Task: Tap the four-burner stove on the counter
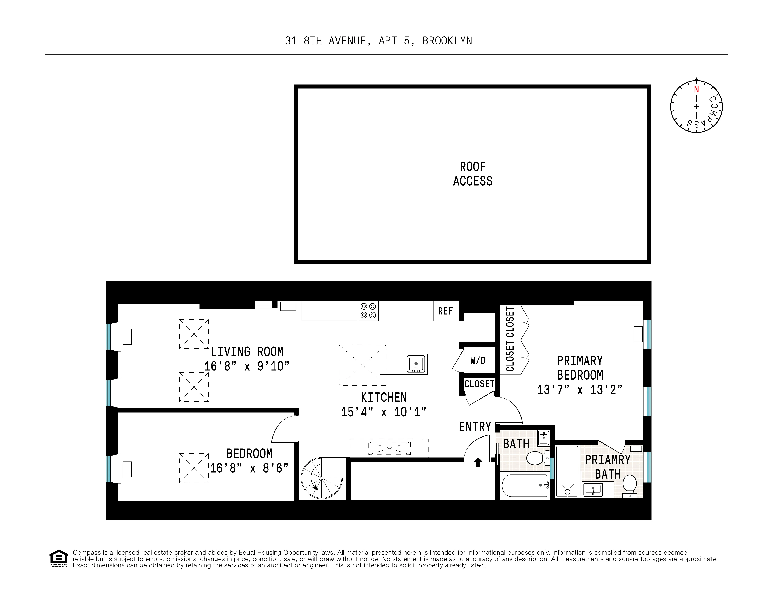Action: point(368,311)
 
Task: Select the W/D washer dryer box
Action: point(478,360)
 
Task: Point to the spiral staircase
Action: point(322,478)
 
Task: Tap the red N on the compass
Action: point(696,89)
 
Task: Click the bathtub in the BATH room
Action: point(525,485)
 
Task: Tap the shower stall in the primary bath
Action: point(567,471)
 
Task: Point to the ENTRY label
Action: point(475,427)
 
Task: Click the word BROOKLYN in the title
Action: point(447,41)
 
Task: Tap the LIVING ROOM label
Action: point(247,352)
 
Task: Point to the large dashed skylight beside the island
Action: point(362,365)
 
